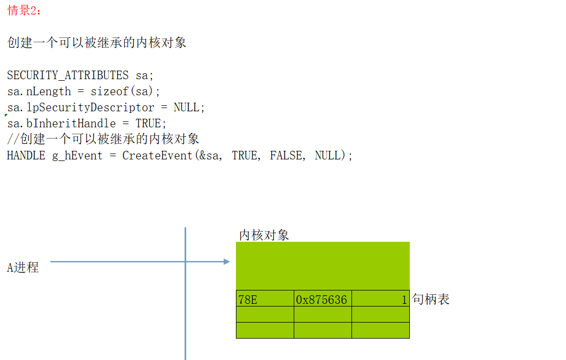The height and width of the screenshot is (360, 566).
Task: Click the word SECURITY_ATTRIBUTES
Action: [68, 75]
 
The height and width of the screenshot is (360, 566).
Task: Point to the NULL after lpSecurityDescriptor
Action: [187, 107]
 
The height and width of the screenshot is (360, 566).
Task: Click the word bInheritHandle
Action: [71, 123]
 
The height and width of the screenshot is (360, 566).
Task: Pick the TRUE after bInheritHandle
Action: [148, 123]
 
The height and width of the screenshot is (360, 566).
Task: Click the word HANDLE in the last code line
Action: [26, 156]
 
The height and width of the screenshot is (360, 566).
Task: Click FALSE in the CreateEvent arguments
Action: [286, 156]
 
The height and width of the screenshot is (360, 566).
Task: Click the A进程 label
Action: [23, 267]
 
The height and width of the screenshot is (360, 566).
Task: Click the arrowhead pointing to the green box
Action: [227, 262]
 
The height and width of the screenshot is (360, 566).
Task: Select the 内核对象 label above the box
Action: [264, 235]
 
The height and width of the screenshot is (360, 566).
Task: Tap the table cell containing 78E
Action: [265, 299]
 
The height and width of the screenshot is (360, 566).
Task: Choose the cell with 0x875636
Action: [323, 299]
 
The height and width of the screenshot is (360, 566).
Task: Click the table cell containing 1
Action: [380, 299]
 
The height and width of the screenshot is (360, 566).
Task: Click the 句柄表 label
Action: [431, 299]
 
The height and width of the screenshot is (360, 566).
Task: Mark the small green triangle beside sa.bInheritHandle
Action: [6, 116]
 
